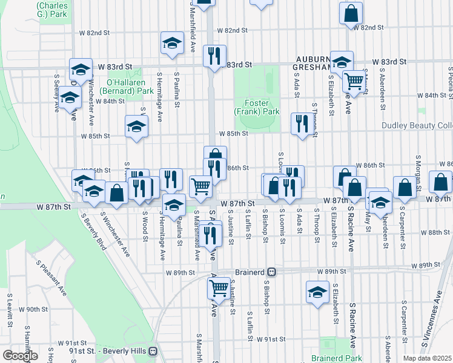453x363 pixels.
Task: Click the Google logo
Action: [x=21, y=355]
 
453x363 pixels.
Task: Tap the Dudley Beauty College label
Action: [x=417, y=126]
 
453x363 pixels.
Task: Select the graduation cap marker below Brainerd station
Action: [x=317, y=292]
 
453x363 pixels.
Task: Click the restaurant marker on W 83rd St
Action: [x=214, y=56]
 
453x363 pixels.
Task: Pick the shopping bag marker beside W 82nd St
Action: [x=351, y=13]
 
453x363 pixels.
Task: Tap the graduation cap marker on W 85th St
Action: [x=136, y=126]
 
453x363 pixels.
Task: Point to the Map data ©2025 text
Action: [x=427, y=358]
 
